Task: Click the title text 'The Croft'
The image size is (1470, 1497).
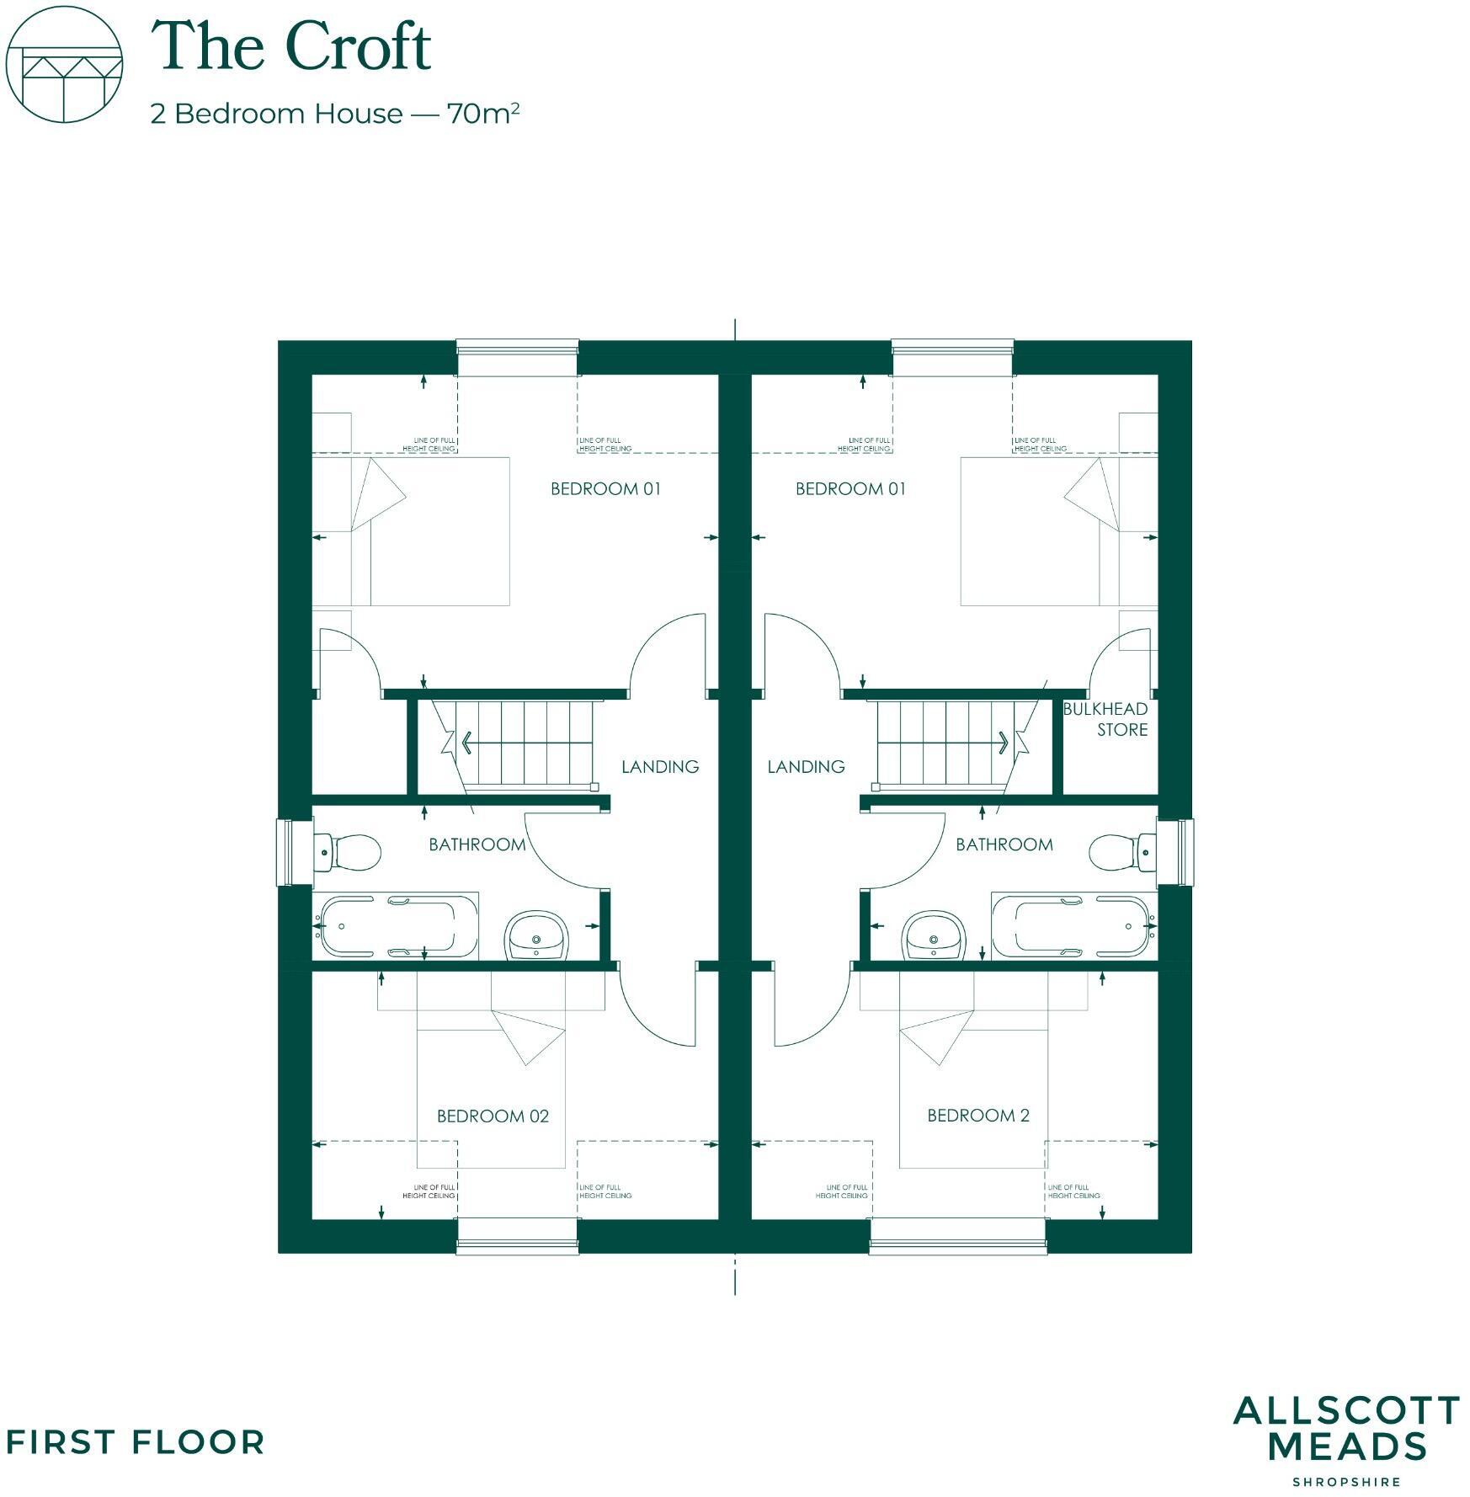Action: [x=290, y=46]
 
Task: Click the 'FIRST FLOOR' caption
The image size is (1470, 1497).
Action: [x=135, y=1442]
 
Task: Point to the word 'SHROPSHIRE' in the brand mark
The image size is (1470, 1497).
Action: [x=1346, y=1482]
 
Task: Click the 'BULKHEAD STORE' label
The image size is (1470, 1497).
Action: [x=1105, y=719]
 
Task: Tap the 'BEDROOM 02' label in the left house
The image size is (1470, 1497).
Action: [x=493, y=1116]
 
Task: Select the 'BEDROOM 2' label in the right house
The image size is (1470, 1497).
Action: [x=977, y=1116]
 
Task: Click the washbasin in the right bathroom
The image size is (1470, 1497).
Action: [x=934, y=936]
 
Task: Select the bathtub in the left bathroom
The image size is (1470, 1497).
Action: [x=396, y=926]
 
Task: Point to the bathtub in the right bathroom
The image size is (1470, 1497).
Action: [x=1074, y=926]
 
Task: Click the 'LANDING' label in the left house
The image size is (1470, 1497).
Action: [x=660, y=766]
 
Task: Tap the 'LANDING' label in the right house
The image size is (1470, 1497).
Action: [x=806, y=766]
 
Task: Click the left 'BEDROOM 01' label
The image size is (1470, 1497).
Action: [x=605, y=488]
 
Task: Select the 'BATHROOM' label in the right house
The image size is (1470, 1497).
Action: [x=1004, y=844]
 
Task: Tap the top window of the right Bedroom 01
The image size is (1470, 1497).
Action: [x=952, y=346]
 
